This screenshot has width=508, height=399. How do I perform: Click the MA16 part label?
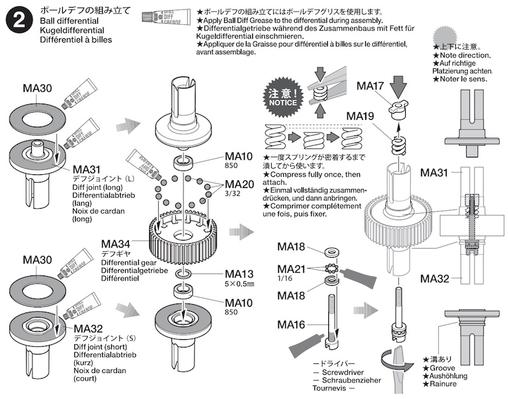[x=292, y=325]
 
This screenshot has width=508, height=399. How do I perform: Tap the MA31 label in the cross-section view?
[x=436, y=173]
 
